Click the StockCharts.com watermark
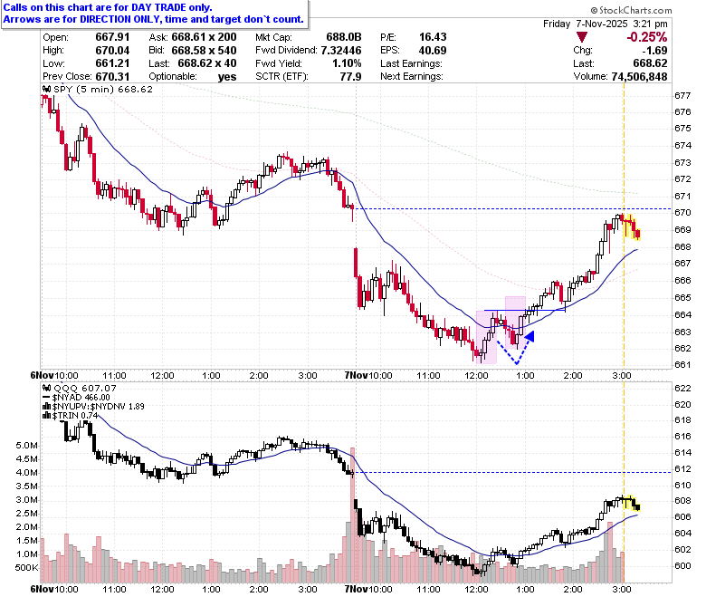coord(631,10)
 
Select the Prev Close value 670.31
coord(112,77)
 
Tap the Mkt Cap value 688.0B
coord(344,37)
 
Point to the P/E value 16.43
coord(433,37)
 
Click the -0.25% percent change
coord(646,37)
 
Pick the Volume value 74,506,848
coord(639,77)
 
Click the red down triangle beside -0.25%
coord(581,37)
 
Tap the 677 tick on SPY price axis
coord(682,95)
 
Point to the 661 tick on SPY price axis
coord(682,364)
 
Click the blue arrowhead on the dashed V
coord(529,336)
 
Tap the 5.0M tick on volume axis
coord(26,446)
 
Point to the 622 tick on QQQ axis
coord(682,389)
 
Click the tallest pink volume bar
coord(353,515)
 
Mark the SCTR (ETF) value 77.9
coord(351,77)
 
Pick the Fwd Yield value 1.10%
coord(347,63)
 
